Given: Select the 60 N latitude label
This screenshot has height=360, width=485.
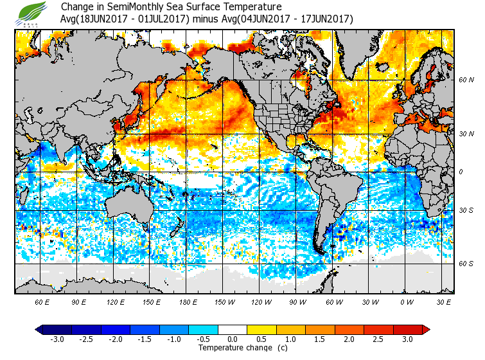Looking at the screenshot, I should click(x=466, y=80).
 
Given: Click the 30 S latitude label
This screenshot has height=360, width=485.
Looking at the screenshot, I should click(x=466, y=210).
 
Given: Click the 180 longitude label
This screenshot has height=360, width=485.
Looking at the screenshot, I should click(x=188, y=302).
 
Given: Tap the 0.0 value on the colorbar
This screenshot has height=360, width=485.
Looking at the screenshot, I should click(x=233, y=339).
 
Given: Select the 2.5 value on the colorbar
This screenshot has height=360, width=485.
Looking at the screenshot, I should click(x=378, y=339).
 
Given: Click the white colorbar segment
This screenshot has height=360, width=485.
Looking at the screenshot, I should click(x=233, y=330).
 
